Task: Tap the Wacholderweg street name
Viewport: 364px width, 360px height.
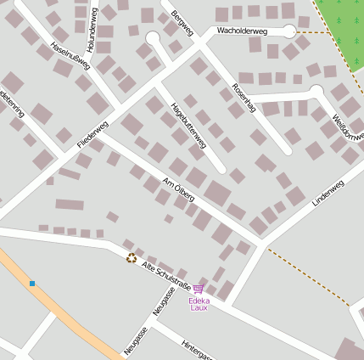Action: pos(242,31)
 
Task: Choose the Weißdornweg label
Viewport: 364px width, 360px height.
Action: pos(348,122)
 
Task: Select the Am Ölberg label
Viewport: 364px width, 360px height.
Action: pos(179,190)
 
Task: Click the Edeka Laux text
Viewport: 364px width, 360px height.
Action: pos(199,304)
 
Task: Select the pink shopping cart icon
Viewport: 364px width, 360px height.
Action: pos(199,290)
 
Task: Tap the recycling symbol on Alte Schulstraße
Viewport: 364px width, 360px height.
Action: pos(132,258)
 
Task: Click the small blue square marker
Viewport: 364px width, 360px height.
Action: pos(32,283)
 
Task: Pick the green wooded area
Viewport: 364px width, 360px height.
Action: pos(343,30)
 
